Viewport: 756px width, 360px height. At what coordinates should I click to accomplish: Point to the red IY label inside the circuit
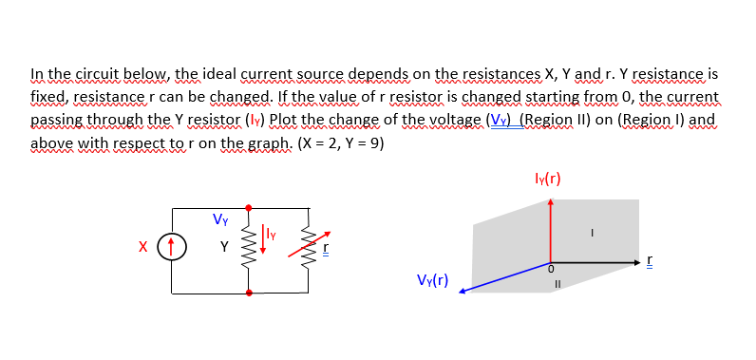269,228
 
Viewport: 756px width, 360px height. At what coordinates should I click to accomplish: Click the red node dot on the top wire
250,206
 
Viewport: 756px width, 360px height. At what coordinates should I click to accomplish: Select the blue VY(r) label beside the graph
432,280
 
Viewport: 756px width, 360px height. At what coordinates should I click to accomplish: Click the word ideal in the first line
216,73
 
